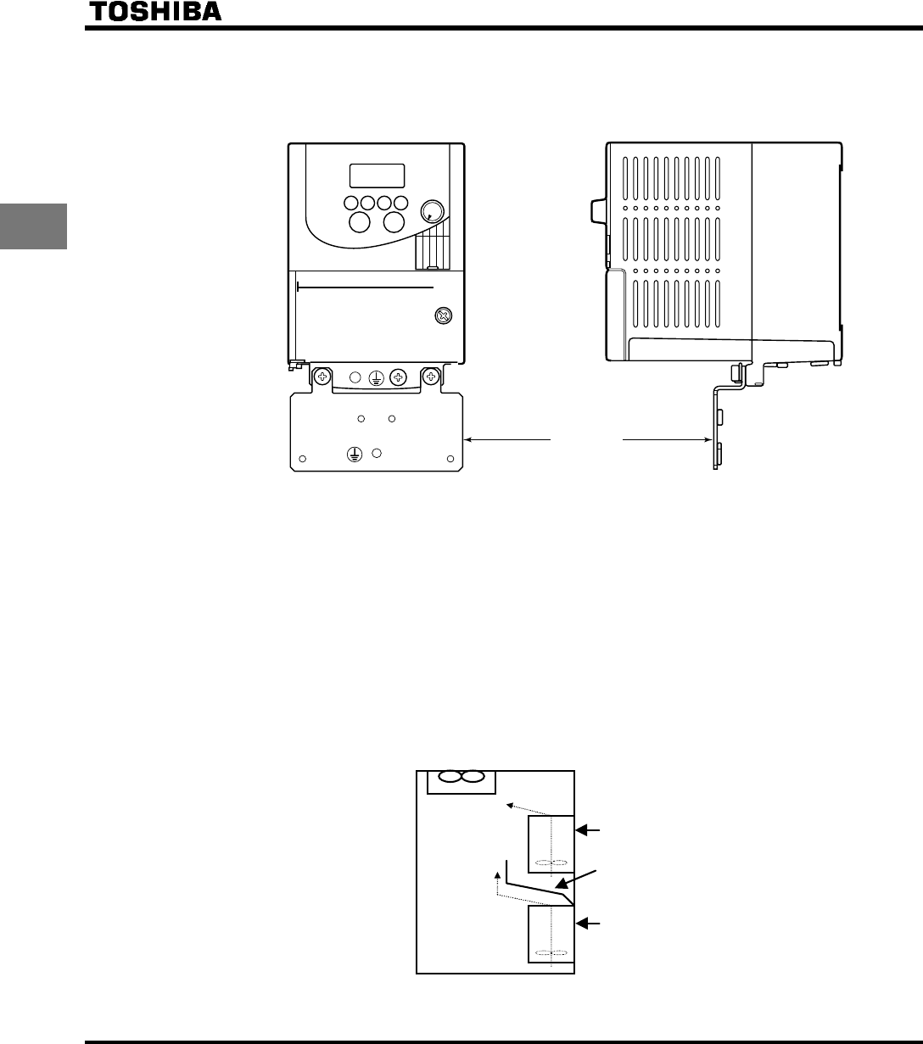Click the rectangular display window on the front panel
tap(377, 176)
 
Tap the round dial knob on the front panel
tap(432, 211)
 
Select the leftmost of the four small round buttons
tap(350, 204)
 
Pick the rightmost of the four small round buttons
tap(401, 204)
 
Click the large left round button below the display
tap(360, 222)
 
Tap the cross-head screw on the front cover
tap(442, 315)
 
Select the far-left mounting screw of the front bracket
tap(322, 376)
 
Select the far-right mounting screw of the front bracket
tap(432, 376)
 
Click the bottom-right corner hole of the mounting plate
tap(451, 461)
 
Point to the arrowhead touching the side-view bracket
tap(708, 439)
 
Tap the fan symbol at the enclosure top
tap(461, 778)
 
